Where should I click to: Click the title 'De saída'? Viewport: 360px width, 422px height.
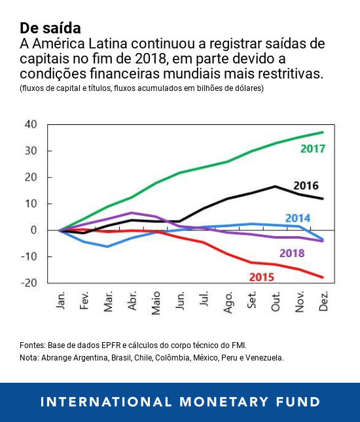point(50,28)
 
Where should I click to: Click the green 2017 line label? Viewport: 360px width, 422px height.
point(312,149)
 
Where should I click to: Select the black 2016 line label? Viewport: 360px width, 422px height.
point(306,185)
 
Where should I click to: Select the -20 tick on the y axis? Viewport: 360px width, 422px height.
point(29,283)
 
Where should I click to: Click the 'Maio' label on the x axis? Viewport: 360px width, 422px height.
point(156,304)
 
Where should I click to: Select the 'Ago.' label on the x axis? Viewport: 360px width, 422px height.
point(228,303)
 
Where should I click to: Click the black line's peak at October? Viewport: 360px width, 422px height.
point(276,186)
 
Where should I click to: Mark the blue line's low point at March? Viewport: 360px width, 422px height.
point(107,247)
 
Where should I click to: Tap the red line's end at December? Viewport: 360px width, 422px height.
point(323,277)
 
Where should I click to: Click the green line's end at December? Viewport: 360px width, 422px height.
point(323,132)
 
